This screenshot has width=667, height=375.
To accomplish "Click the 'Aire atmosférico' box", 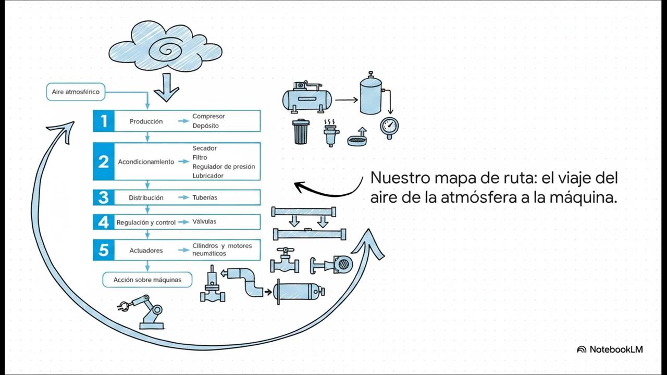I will pyautogui.click(x=76, y=92).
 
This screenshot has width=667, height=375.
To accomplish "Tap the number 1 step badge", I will pyautogui.click(x=104, y=121).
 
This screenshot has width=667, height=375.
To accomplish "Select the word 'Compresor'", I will pyautogui.click(x=208, y=116).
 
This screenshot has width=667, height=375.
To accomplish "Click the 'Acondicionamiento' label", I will pyautogui.click(x=146, y=162).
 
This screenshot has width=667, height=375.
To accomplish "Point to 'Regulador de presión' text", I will pyautogui.click(x=224, y=167).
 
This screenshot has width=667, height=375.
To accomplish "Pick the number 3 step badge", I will pyautogui.click(x=104, y=197).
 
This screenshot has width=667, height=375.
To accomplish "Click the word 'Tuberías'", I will pyautogui.click(x=205, y=197).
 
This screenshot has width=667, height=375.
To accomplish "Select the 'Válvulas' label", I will pyautogui.click(x=204, y=221).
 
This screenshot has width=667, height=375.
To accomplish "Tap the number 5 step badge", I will pyautogui.click(x=104, y=250).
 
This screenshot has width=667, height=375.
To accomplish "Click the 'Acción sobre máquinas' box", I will pyautogui.click(x=147, y=280).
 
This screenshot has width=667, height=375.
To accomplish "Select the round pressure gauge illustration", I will pyautogui.click(x=389, y=126).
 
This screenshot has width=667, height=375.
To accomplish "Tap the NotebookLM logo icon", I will pyautogui.click(x=582, y=349).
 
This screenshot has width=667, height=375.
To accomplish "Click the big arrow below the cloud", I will pyautogui.click(x=166, y=87).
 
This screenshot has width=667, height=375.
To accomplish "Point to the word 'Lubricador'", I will pyautogui.click(x=208, y=176).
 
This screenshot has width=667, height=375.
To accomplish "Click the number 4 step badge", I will pyautogui.click(x=104, y=222).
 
